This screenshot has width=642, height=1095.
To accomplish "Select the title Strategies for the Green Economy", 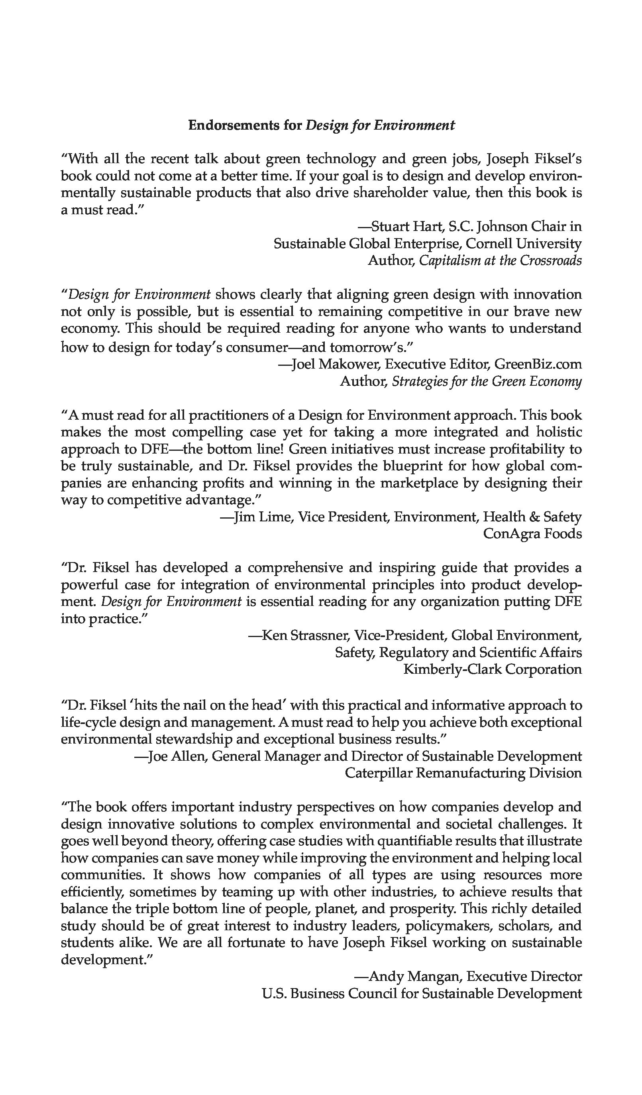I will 487,381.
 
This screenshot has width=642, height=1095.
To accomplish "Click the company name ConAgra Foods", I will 532,533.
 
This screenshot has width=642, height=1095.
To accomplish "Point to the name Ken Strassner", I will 304,635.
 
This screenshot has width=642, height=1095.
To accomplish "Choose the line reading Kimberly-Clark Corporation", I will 493,669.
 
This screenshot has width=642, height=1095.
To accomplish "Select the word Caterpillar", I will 379,773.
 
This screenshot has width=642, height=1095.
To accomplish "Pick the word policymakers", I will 448,925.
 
